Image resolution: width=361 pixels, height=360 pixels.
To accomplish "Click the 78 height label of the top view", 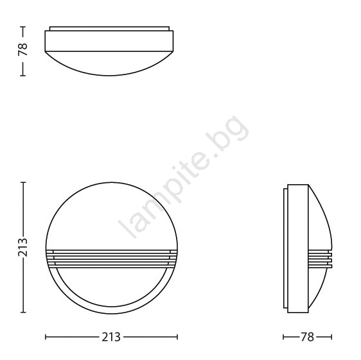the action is [22, 49].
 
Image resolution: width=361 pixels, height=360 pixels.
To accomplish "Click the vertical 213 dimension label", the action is [22, 247].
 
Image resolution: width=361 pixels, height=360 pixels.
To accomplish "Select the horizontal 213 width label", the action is [111, 338].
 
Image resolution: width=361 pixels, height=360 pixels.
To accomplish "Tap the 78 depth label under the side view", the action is [307, 338].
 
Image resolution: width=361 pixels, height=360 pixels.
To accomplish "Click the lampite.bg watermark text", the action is [184, 176].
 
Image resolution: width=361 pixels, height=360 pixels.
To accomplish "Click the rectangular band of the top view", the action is [109, 40].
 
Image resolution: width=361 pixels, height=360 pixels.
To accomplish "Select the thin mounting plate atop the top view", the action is [110, 28].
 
